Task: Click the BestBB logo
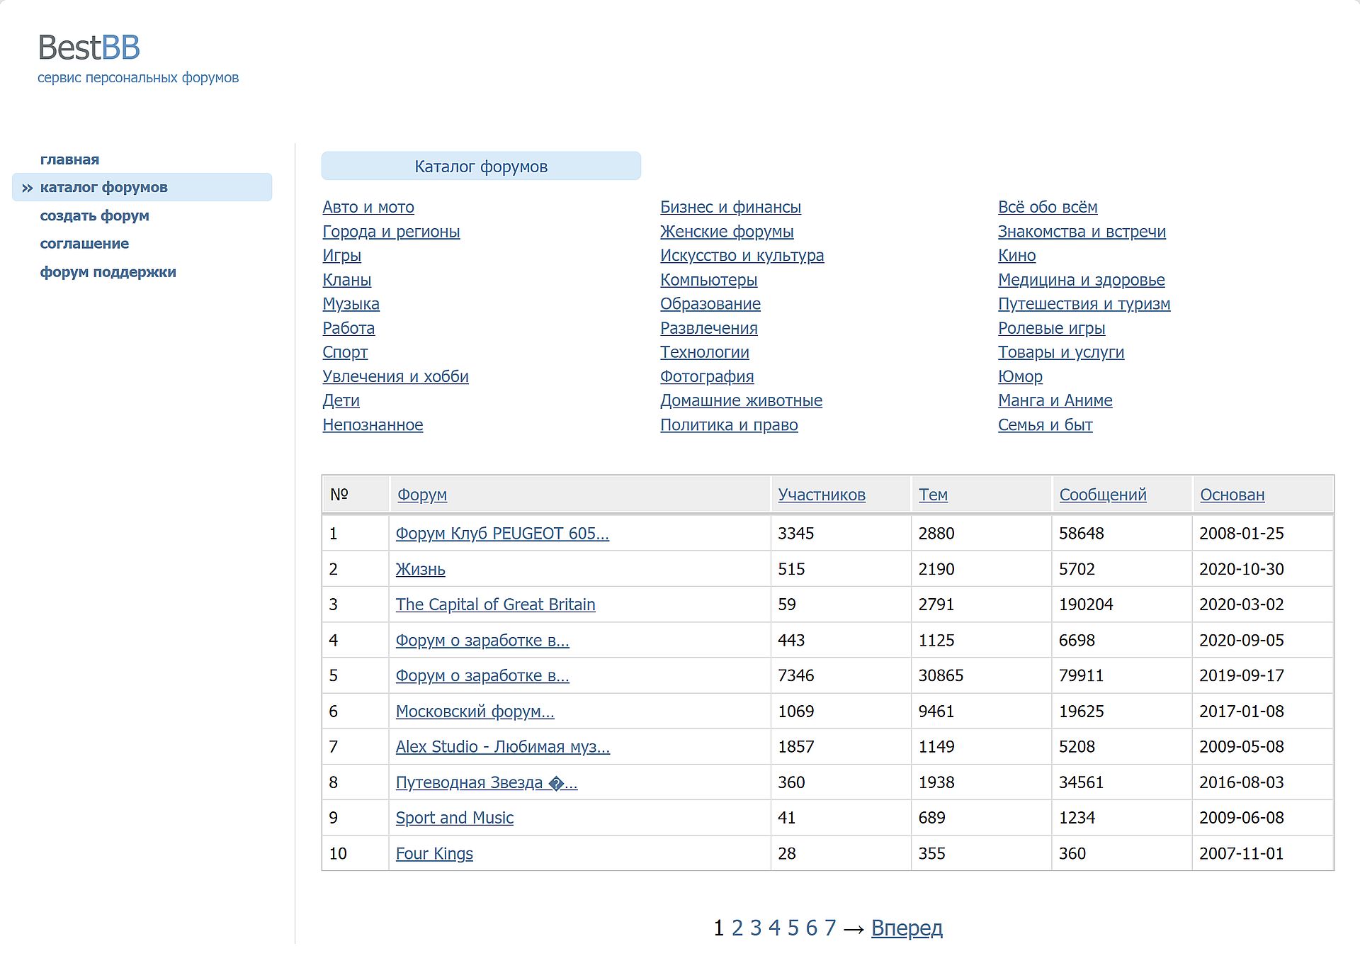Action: (x=89, y=47)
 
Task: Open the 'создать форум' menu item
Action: (x=94, y=215)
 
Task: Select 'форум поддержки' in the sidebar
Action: (x=108, y=272)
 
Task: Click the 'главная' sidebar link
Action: (x=69, y=159)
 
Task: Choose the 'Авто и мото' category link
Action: (x=368, y=207)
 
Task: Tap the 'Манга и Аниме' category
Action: (x=1055, y=400)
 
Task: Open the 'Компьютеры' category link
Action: (x=708, y=280)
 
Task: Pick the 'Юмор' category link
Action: (x=1020, y=376)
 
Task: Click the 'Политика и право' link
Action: (x=729, y=424)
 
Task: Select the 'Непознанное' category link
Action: (x=373, y=424)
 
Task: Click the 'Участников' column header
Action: (x=822, y=495)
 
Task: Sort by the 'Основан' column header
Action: (x=1232, y=495)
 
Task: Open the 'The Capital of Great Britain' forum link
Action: (x=495, y=604)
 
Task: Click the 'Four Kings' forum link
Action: (x=434, y=853)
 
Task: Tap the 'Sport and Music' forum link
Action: (x=454, y=818)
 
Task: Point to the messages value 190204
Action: (x=1086, y=604)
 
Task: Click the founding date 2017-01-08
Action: (x=1242, y=711)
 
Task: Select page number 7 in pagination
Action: (x=830, y=928)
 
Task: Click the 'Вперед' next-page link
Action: (x=907, y=928)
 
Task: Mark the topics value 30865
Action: (x=941, y=675)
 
